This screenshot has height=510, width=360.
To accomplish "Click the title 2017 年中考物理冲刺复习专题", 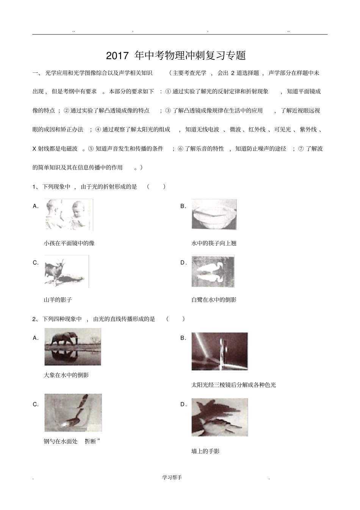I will click(176, 55).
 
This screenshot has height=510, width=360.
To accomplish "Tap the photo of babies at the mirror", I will click(69, 215).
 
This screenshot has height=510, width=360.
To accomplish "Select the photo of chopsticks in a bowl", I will click(214, 214).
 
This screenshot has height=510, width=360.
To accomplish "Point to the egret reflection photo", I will click(213, 271).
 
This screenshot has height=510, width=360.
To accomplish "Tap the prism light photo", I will click(220, 351).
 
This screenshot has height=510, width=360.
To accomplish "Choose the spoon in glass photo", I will click(73, 413).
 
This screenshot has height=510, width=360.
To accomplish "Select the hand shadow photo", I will click(220, 417).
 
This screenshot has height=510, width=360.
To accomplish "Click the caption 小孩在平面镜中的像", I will click(69, 243).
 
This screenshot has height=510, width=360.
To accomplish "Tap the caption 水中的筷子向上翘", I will click(214, 243).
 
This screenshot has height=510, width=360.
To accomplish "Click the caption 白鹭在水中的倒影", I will click(214, 300).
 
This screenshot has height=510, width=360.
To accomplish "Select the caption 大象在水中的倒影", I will click(67, 375).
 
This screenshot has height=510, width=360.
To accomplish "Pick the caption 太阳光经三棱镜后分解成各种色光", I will click(234, 385).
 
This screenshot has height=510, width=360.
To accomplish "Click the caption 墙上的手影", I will click(206, 451).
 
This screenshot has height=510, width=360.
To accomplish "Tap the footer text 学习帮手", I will click(172, 477).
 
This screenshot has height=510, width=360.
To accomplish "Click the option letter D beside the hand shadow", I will click(183, 404).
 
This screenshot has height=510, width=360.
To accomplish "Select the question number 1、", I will click(36, 187).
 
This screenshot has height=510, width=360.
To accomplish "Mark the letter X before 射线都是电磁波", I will click(34, 149).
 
